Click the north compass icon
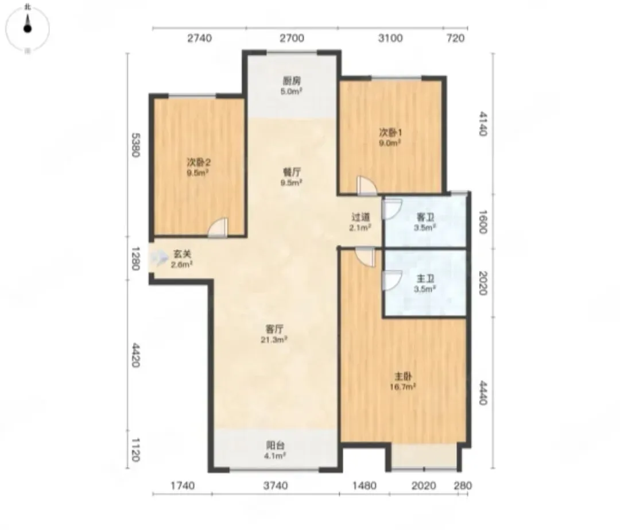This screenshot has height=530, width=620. coord(28,28)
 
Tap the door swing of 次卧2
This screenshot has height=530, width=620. coord(218,228)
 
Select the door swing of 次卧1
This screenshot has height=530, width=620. coord(366,185)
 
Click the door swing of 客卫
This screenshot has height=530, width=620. coord(392,209)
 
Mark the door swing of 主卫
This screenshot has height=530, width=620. coord(392,280)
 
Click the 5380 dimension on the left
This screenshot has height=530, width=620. coord(135,145)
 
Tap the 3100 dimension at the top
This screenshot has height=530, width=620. coord(390,38)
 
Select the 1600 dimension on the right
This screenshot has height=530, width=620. coord(482,222)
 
